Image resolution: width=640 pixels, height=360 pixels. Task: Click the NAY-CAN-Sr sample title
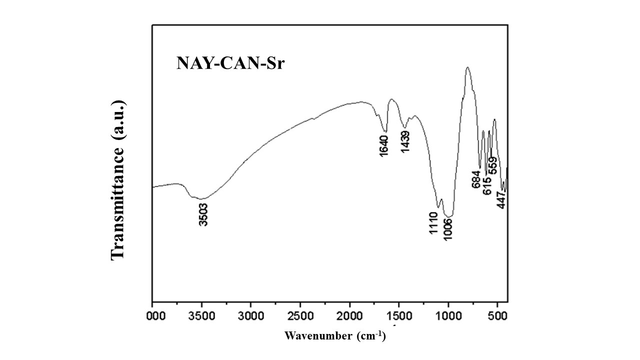click(230, 63)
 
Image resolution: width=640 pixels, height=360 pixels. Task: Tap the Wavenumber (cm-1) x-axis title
click(335, 335)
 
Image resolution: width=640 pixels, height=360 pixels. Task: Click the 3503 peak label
click(203, 214)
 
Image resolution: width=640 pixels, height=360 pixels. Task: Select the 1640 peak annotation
click(384, 145)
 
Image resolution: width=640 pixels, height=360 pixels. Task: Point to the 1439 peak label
click(405, 142)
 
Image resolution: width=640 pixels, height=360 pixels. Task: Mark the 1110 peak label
click(433, 223)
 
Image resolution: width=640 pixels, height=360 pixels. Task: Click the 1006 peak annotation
click(448, 229)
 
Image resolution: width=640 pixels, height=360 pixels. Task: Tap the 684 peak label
click(476, 178)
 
